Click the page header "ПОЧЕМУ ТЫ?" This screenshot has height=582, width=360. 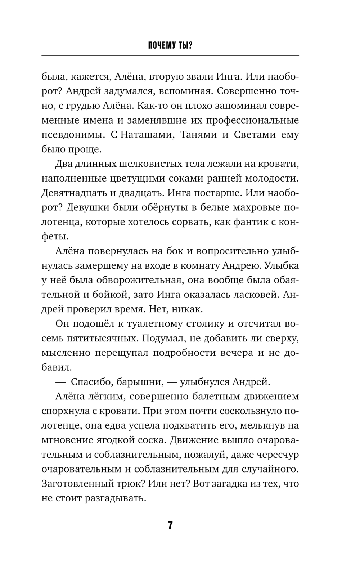coord(170,46)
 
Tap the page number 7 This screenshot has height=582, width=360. coord(170,525)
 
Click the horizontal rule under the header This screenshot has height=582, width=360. coord(170,56)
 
